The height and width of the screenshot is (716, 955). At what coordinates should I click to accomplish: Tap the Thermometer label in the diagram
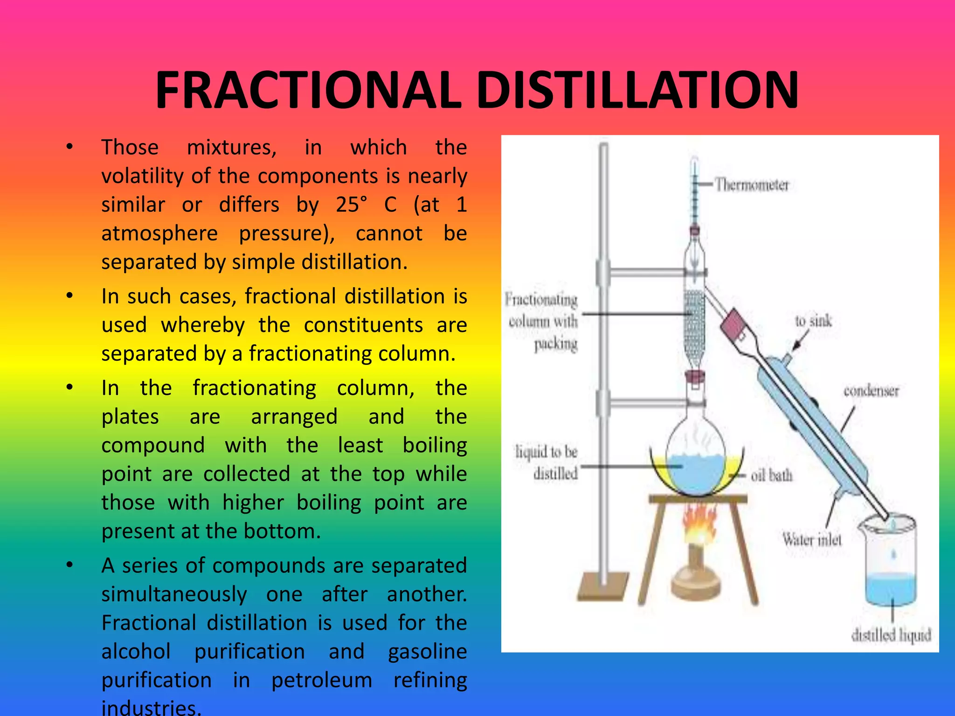click(x=752, y=185)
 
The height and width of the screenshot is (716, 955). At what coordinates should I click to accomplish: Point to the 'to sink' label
click(x=813, y=321)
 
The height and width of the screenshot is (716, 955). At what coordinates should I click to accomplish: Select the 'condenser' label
click(x=871, y=391)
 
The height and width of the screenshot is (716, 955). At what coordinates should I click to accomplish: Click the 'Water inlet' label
click(x=812, y=539)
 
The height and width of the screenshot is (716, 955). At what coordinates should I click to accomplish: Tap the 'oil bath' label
click(x=771, y=475)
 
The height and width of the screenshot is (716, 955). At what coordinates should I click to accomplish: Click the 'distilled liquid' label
click(x=891, y=635)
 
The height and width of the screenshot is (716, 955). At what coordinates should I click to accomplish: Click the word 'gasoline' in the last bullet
click(x=427, y=652)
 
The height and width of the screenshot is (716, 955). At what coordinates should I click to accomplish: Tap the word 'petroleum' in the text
click(x=322, y=680)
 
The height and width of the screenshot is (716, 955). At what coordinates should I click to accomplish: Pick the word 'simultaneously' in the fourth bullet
click(x=174, y=594)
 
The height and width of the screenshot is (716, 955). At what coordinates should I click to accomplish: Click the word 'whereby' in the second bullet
click(x=203, y=325)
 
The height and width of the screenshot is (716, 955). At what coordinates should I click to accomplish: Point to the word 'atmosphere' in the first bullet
click(x=159, y=234)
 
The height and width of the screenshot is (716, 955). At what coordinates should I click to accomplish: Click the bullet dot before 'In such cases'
click(x=69, y=296)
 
